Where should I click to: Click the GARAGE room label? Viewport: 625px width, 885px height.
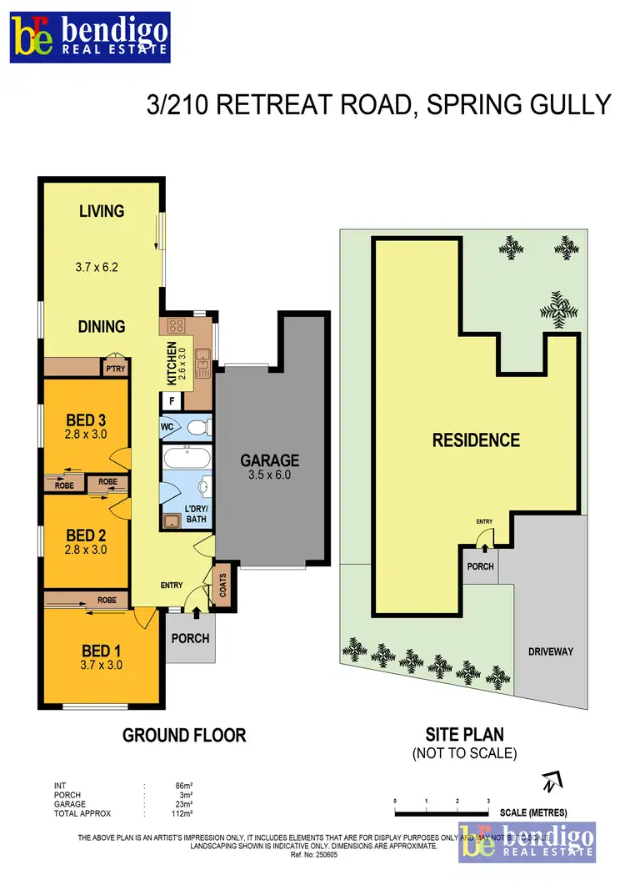(269, 460)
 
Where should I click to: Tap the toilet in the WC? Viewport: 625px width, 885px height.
(197, 427)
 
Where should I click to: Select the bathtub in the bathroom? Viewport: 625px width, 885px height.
(187, 458)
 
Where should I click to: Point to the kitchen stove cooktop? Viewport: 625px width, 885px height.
(177, 327)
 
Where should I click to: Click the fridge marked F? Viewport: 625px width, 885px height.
(172, 400)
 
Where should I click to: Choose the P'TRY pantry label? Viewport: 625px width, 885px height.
(113, 368)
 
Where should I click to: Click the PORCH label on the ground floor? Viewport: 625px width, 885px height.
(190, 639)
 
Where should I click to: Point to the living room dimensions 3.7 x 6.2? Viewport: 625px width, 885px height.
(101, 268)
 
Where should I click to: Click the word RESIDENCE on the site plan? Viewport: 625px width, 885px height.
(476, 440)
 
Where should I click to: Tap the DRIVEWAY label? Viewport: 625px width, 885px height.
(551, 651)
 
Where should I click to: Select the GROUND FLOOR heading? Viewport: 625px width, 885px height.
(184, 735)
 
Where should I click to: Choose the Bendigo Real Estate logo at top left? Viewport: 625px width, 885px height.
(90, 37)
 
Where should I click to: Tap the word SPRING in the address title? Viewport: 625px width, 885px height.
(487, 104)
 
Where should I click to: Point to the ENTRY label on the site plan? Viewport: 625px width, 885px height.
(485, 521)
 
